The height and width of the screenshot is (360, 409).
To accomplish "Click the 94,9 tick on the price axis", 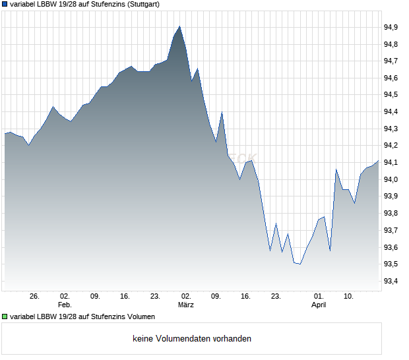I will click(x=391, y=27).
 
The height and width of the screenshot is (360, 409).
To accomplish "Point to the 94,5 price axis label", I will click(x=391, y=95).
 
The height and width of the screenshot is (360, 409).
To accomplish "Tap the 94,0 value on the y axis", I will click(x=391, y=179).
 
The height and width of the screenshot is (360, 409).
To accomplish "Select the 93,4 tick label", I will click(x=391, y=282).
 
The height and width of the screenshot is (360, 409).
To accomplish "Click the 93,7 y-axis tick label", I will click(x=391, y=230).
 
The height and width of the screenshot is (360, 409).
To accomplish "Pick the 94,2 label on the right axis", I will click(x=391, y=146).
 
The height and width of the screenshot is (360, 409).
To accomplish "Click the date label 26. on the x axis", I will click(x=35, y=296).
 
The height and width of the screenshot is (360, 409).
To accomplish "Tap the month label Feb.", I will click(x=64, y=305).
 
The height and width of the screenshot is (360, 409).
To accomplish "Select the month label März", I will click(x=186, y=305).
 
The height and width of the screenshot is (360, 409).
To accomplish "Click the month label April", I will click(x=319, y=305).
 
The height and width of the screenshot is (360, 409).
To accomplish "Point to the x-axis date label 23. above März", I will click(x=156, y=296).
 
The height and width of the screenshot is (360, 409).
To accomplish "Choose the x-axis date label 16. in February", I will click(x=125, y=296).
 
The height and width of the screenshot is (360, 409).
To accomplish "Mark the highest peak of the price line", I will click(x=179, y=26).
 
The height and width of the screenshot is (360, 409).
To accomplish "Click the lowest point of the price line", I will click(x=300, y=264).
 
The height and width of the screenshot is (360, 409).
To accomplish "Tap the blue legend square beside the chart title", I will click(x=5, y=5).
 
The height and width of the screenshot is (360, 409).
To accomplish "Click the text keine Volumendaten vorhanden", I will click(x=192, y=339).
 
